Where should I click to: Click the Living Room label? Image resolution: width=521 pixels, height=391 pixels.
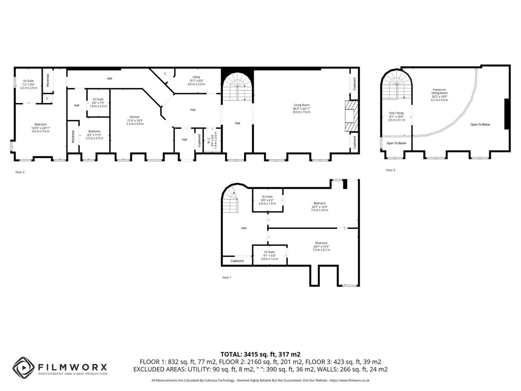coord(302,109)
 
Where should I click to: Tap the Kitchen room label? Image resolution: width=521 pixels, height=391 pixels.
coord(135,120)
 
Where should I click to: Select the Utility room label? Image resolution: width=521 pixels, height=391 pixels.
coord(196,80)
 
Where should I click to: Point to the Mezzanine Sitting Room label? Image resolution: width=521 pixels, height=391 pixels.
coord(439,94)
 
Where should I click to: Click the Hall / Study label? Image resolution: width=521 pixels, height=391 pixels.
coord(396,116)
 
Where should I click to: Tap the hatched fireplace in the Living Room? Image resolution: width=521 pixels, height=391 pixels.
coord(351,116)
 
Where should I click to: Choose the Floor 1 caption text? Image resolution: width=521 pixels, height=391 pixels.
coord(227,278)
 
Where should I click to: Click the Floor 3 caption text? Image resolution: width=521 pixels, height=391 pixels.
coord(390,170)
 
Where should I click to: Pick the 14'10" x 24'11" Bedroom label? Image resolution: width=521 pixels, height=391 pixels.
coord(41,128)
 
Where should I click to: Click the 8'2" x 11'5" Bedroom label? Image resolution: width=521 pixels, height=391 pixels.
coord(94,135)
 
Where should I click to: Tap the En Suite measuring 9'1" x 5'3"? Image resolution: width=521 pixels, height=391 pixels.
coord(270,255)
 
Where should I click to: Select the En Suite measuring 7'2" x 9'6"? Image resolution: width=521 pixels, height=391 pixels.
coord(28,84)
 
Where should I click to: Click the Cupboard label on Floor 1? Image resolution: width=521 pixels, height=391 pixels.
coord(237,261)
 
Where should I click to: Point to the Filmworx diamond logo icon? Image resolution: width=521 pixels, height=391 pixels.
coord(23,368)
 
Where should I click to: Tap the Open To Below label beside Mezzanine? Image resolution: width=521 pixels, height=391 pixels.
coord(480,124)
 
